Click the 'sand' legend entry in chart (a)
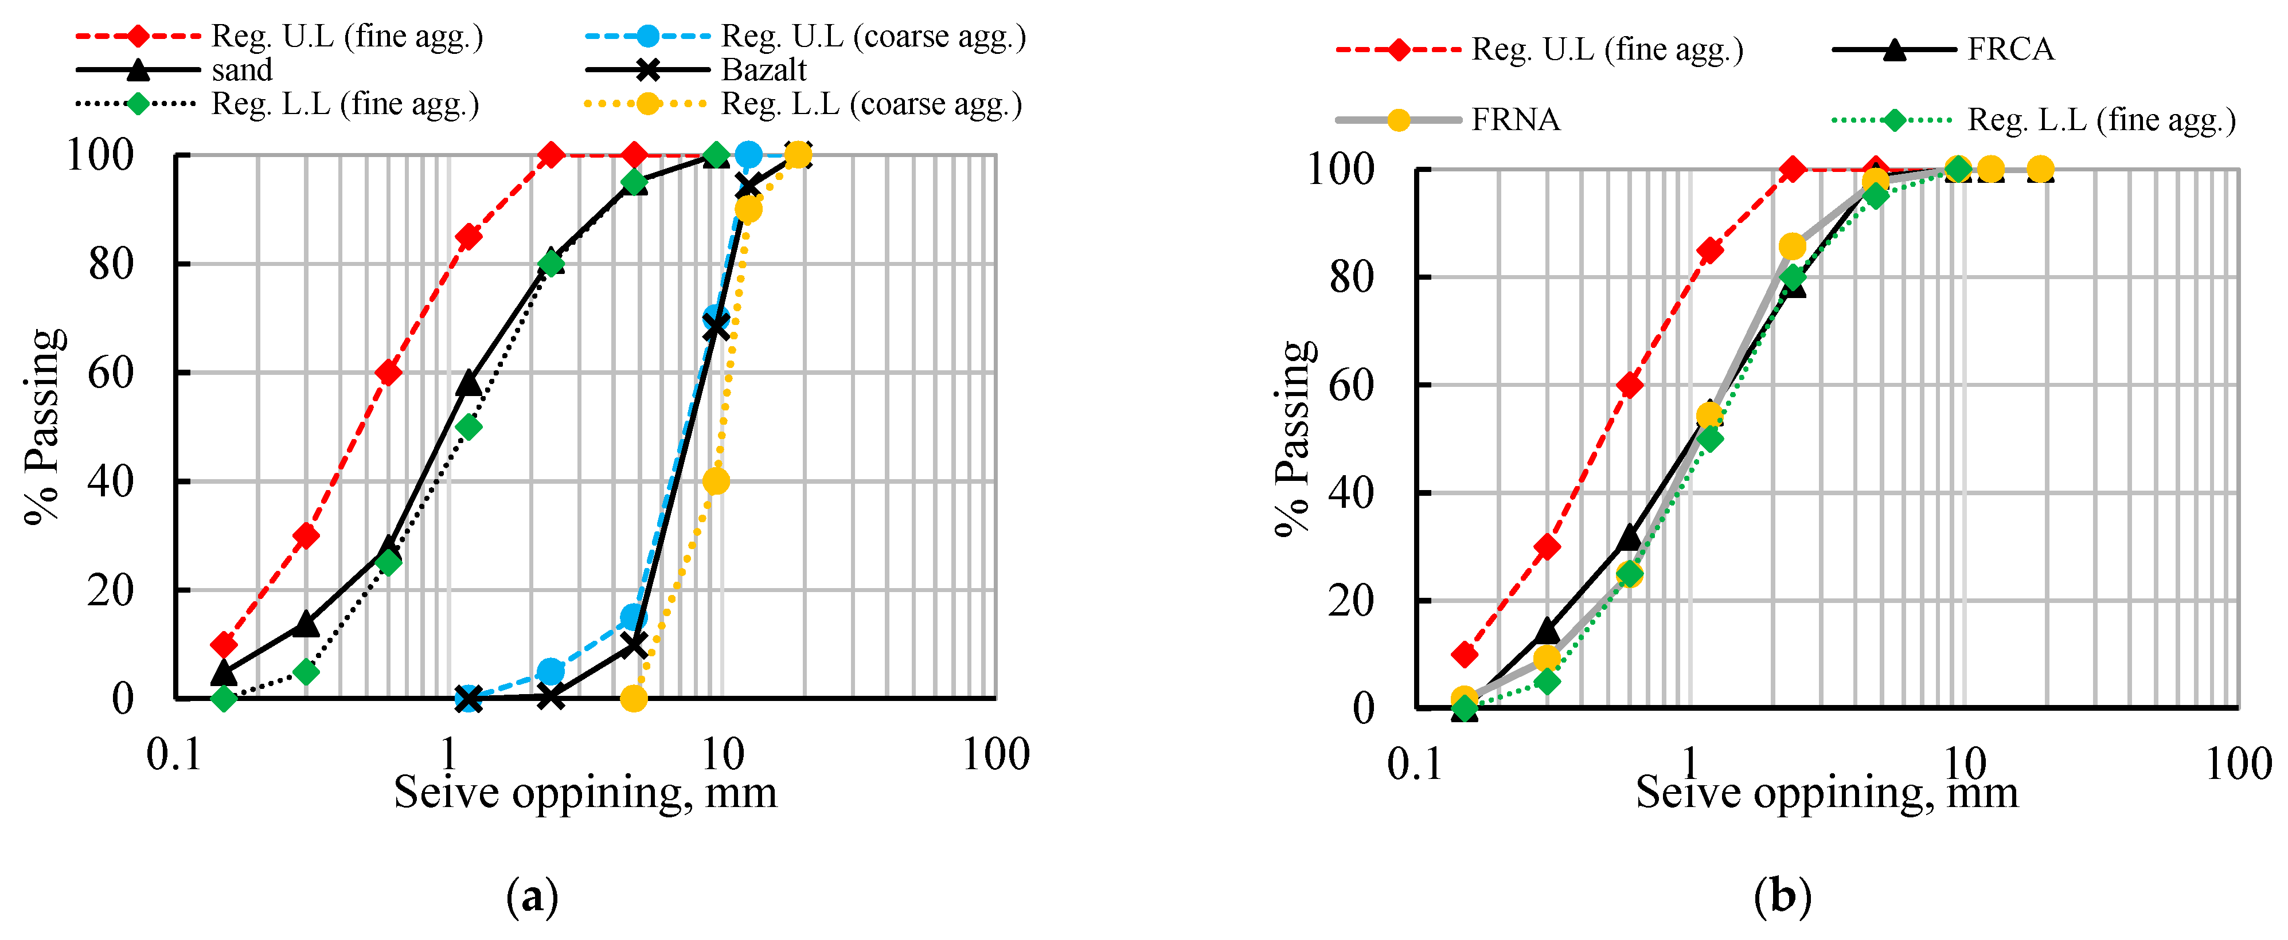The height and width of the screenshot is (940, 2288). coord(241,70)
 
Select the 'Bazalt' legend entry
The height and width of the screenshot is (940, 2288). coord(763,70)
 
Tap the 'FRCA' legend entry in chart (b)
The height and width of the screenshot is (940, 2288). coord(2010,50)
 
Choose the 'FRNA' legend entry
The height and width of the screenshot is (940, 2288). coord(1515,120)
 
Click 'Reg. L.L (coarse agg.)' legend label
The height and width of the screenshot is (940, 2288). coord(870,105)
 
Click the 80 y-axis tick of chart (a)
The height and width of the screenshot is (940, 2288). coord(111,264)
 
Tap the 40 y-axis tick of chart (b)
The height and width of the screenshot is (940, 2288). coord(1351,492)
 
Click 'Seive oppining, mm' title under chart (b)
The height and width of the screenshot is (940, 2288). coord(1826,793)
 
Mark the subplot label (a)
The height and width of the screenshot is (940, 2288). coord(532,898)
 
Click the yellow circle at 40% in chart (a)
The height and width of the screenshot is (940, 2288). coord(716,481)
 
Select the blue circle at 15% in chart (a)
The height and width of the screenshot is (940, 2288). coord(633,617)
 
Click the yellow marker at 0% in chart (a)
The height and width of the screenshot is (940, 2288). coord(633,699)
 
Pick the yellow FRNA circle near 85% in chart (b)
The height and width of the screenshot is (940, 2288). coord(1793,246)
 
